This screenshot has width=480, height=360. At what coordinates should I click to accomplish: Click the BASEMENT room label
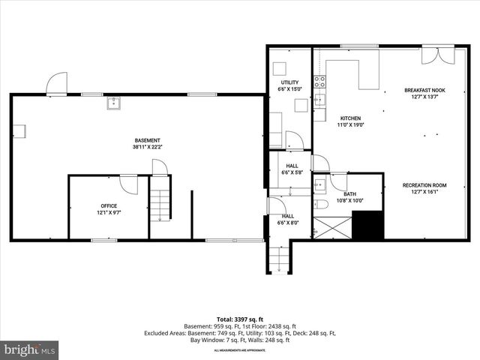tap(147, 140)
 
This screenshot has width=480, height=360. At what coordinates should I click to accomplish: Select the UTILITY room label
tap(289, 82)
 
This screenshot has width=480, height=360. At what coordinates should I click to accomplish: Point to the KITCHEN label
tap(350, 118)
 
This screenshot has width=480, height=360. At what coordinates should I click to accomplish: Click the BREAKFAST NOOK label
tap(424, 90)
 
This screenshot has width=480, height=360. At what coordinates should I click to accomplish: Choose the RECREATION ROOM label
tap(424, 185)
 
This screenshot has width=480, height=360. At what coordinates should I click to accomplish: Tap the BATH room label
tap(349, 194)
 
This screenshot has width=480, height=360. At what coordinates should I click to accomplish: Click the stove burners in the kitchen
tap(319, 81)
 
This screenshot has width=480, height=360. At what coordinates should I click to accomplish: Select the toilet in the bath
tap(320, 205)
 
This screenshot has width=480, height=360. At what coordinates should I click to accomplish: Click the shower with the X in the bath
tap(331, 227)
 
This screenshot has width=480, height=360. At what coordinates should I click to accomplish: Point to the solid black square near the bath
tap(367, 225)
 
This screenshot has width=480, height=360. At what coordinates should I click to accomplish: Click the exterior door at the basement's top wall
tap(56, 84)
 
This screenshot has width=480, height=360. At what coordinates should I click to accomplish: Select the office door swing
tap(128, 183)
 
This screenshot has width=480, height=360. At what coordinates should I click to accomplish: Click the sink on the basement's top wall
tap(114, 103)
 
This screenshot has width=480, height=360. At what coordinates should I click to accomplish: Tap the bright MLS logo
tap(30, 349)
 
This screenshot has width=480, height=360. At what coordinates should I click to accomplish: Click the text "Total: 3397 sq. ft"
tap(239, 319)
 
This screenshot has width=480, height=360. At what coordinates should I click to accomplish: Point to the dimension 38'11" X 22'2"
tap(147, 147)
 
